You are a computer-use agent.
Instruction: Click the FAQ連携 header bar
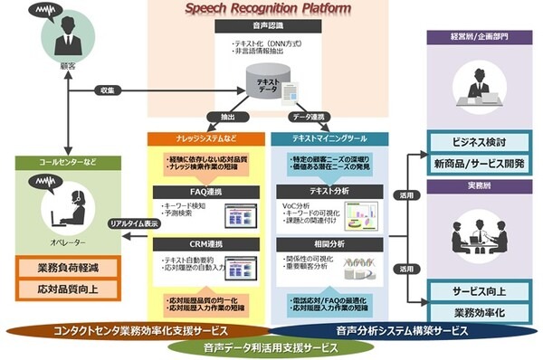tap(206, 193)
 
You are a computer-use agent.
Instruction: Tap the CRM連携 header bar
tap(206, 244)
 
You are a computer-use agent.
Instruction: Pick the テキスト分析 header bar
tap(329, 193)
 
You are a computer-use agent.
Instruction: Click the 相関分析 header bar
tap(329, 244)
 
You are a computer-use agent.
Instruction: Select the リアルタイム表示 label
tap(132, 223)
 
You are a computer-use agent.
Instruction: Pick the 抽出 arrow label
tap(220, 118)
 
